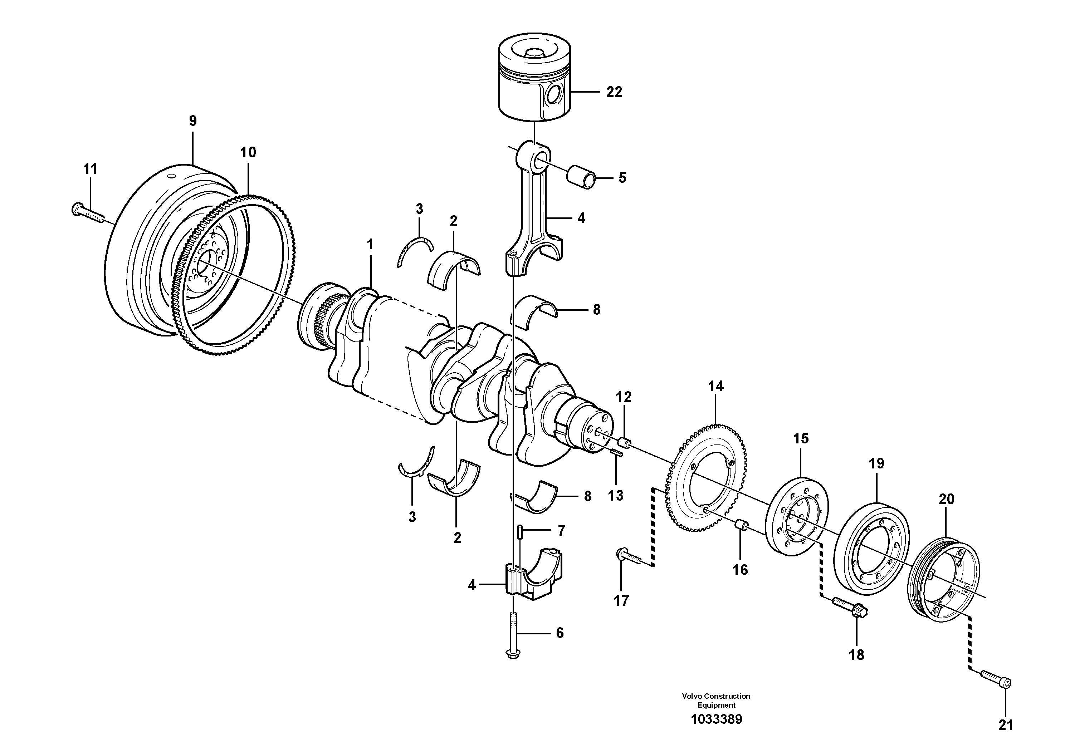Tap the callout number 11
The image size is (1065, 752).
(90, 169)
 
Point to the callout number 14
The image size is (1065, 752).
(716, 386)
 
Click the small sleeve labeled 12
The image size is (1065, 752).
(625, 442)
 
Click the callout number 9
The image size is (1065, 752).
(192, 121)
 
